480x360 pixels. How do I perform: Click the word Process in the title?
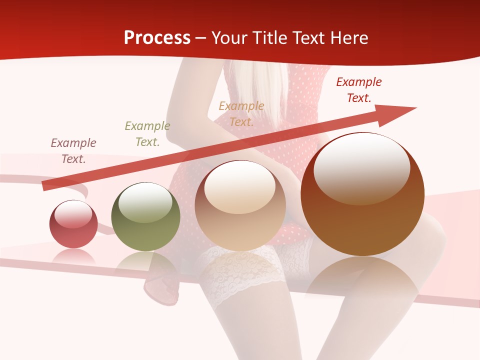click(157, 38)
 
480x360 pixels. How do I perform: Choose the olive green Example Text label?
click(147, 134)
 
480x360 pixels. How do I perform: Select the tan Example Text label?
click(241, 113)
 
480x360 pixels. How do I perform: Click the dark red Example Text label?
click(359, 89)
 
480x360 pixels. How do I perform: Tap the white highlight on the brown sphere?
click(361, 167)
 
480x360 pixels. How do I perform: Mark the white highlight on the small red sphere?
click(73, 214)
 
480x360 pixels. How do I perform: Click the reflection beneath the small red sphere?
click(73, 257)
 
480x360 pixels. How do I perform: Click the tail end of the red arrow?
click(45, 185)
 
